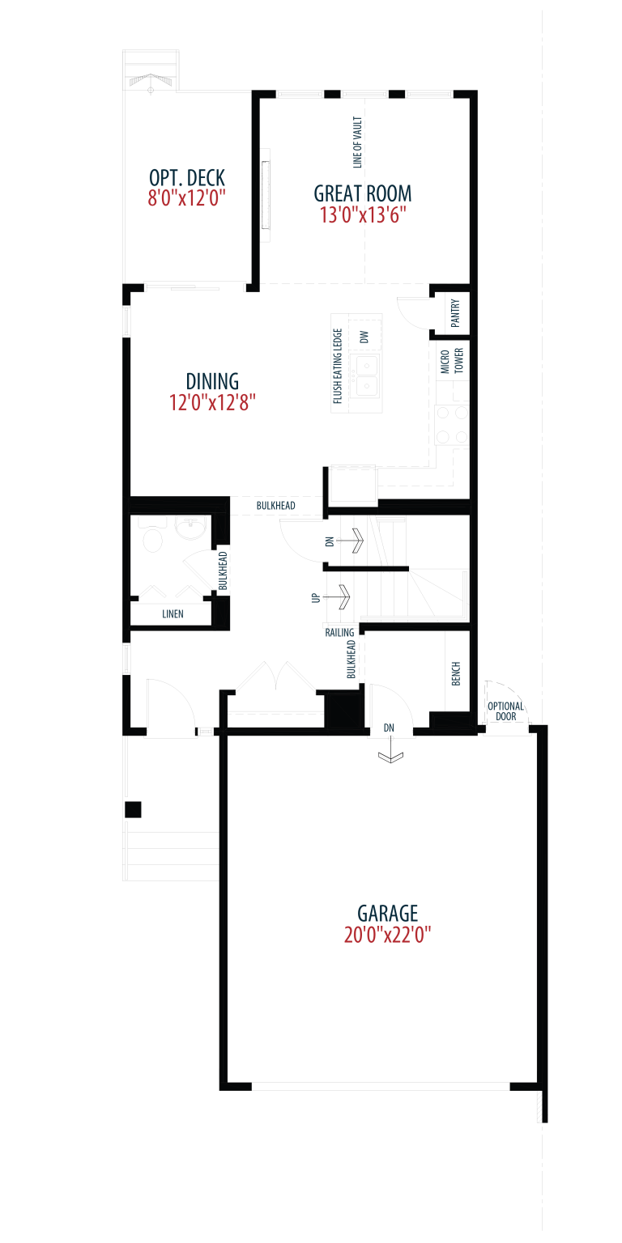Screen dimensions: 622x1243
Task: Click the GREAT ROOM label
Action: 363,193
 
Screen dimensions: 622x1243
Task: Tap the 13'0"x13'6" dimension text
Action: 363,214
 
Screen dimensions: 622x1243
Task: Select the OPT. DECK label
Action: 186,178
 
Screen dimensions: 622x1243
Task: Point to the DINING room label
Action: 212,381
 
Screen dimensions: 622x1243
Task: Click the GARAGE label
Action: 388,913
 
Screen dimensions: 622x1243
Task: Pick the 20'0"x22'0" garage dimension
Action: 388,935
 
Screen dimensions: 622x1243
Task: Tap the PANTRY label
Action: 455,313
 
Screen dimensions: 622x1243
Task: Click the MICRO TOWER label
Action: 451,361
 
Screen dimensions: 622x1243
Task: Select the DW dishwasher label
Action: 364,337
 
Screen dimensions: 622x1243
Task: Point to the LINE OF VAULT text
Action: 357,142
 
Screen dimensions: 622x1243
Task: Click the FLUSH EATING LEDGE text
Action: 337,367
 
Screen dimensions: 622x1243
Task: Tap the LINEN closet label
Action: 173,613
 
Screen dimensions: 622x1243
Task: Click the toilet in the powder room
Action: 152,536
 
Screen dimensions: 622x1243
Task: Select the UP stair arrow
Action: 337,597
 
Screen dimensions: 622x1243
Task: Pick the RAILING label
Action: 339,633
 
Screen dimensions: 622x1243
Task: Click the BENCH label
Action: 456,673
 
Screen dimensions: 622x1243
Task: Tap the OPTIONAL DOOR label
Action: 505,711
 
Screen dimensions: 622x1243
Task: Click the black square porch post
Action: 133,809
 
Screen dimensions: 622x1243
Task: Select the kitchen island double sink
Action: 367,375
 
